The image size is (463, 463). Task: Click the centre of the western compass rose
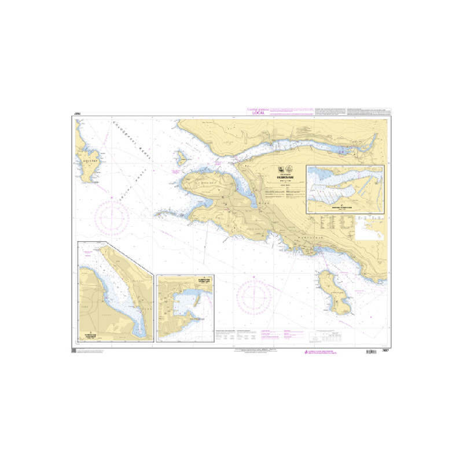108,218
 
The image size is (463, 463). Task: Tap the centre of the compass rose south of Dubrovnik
253,296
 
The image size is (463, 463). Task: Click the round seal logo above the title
284,170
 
